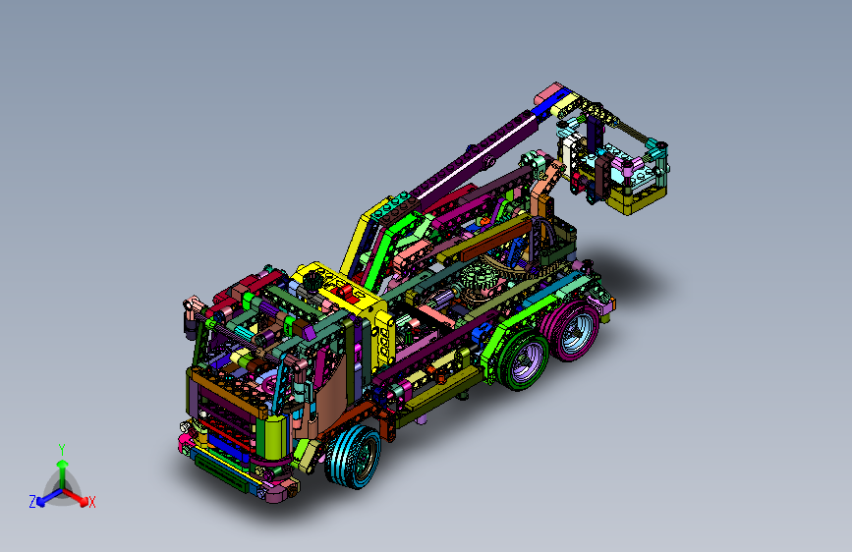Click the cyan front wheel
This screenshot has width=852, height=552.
(x=353, y=457)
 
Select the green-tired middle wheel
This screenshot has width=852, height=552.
(x=522, y=360)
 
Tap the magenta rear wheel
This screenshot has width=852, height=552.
(x=571, y=330)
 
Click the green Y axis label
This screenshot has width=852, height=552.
(x=62, y=450)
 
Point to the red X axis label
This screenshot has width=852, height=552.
(x=91, y=502)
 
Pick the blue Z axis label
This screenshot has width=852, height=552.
(x=32, y=502)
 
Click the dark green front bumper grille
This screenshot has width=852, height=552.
(x=220, y=473)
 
